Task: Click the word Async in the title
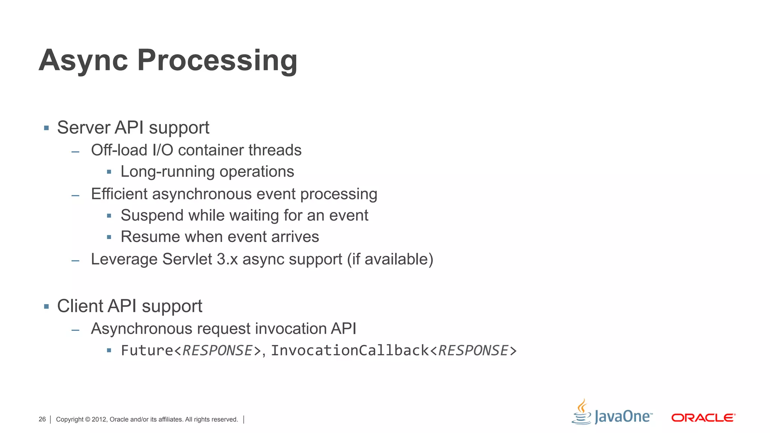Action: point(83,61)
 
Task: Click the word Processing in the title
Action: point(217,61)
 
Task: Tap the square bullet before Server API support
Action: point(46,128)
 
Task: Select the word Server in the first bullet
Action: point(83,128)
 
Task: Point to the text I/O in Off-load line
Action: point(163,150)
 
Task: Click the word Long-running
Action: point(167,172)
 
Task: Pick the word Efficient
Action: point(119,194)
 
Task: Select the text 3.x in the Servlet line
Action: point(227,259)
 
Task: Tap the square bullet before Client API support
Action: point(46,307)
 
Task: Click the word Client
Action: point(80,306)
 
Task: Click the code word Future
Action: point(147,351)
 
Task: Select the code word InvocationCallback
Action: point(350,351)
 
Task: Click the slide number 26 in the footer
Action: point(42,419)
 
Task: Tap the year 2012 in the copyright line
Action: point(99,419)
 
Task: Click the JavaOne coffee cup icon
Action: point(581,412)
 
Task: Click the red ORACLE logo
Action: point(703,418)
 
